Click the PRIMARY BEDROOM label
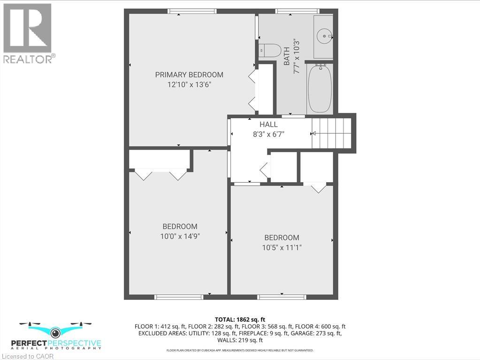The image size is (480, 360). tap(189, 75)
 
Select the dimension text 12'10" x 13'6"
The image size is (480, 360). tap(189, 84)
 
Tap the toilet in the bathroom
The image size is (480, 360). tap(269, 50)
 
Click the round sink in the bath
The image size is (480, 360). tap(323, 36)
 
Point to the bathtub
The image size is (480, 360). tap(320, 89)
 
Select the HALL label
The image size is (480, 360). tap(268, 124)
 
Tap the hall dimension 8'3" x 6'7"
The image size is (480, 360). tap(268, 134)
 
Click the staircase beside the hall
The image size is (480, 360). tap(332, 133)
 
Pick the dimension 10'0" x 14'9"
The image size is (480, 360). tap(180, 236)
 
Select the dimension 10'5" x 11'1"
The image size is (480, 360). tap(282, 247)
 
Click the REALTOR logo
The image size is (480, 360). tap(28, 33)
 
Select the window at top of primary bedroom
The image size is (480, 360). tap(192, 11)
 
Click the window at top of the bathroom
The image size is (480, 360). tap(297, 11)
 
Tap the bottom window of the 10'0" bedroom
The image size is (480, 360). tap(179, 297)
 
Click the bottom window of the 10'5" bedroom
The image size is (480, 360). tap(282, 297)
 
